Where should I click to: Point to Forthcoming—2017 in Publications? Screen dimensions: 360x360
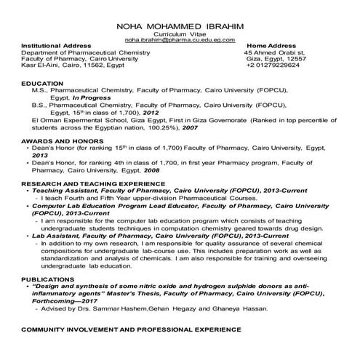(x=72, y=302)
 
